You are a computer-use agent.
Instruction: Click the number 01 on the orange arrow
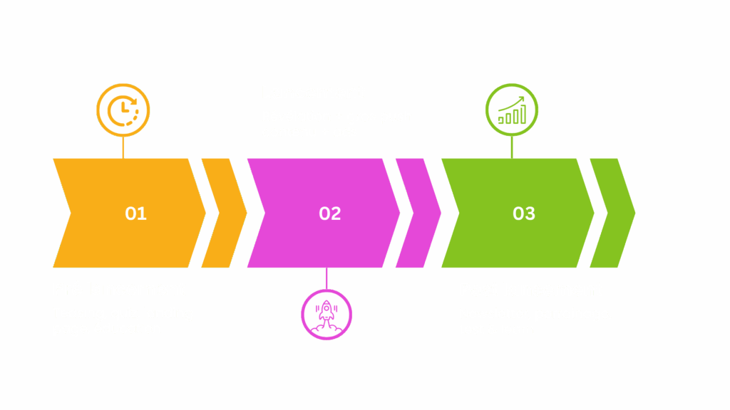pos(135,214)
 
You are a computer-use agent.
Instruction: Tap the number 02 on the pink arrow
pos(330,214)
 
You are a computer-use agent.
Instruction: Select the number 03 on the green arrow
pos(524,214)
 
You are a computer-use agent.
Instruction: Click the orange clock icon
pos(123,110)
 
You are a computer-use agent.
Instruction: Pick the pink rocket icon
pos(327,314)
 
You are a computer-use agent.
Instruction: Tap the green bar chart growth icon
pos(512,110)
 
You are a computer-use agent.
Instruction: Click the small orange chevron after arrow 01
pos(224,214)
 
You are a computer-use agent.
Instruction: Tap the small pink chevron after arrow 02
pos(418,214)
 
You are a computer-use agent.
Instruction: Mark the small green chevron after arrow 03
pos(612,214)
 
